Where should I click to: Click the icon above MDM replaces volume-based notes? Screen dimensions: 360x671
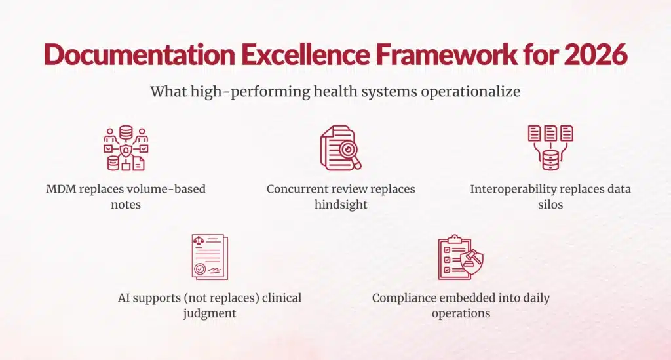(x=125, y=148)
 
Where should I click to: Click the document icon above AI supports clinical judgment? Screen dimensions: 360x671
(x=209, y=256)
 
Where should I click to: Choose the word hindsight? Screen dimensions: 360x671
(x=340, y=205)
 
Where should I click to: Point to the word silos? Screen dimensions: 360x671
(x=550, y=205)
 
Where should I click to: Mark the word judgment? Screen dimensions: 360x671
(x=209, y=313)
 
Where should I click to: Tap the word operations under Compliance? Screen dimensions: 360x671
(x=461, y=313)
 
